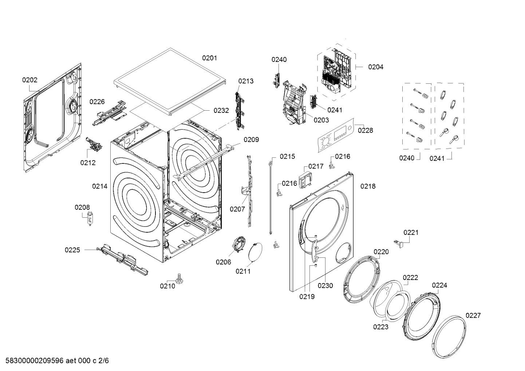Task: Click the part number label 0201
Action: pyautogui.click(x=209, y=58)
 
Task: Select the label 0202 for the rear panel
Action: pyautogui.click(x=29, y=80)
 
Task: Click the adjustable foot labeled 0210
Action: pyautogui.click(x=179, y=279)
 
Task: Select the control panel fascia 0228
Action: pyautogui.click(x=334, y=137)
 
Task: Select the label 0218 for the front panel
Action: pyautogui.click(x=368, y=186)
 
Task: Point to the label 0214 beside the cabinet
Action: pyautogui.click(x=99, y=186)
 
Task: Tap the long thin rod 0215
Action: pyautogui.click(x=271, y=197)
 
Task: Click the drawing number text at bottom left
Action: pyautogui.click(x=55, y=361)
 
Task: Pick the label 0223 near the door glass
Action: pyautogui.click(x=380, y=327)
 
